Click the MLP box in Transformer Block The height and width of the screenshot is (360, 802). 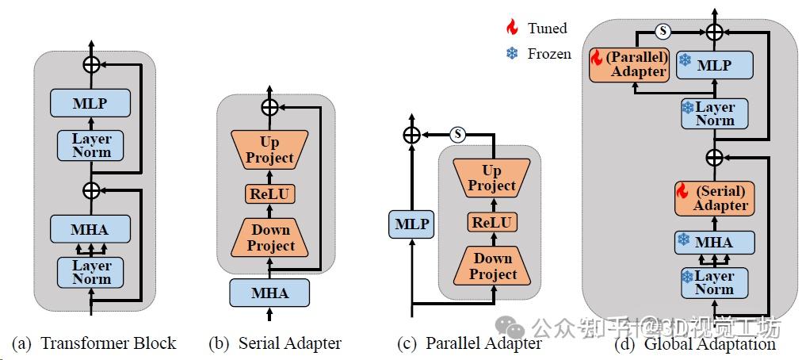90,103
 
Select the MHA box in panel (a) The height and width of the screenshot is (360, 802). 90,230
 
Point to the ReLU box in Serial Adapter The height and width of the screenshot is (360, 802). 269,194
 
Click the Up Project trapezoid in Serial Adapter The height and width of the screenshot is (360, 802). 269,150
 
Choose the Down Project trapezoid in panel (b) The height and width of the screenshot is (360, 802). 269,238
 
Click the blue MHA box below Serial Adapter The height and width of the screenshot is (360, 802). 269,293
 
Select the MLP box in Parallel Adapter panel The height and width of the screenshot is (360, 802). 411,225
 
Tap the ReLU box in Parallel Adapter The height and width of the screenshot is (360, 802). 491,222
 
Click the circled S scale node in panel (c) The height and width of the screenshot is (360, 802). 457,134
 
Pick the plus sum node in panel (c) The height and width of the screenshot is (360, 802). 411,135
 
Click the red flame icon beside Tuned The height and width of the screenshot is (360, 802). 512,28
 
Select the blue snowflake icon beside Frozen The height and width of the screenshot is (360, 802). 512,54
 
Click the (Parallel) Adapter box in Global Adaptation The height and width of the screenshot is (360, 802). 629,65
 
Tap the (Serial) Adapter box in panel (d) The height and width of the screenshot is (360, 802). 714,198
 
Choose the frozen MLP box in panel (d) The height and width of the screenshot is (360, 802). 714,66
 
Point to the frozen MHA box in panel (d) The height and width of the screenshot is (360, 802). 714,242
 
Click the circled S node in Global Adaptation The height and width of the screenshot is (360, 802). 663,32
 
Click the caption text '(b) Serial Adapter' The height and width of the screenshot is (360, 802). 274,343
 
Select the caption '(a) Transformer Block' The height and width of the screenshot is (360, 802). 94,343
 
